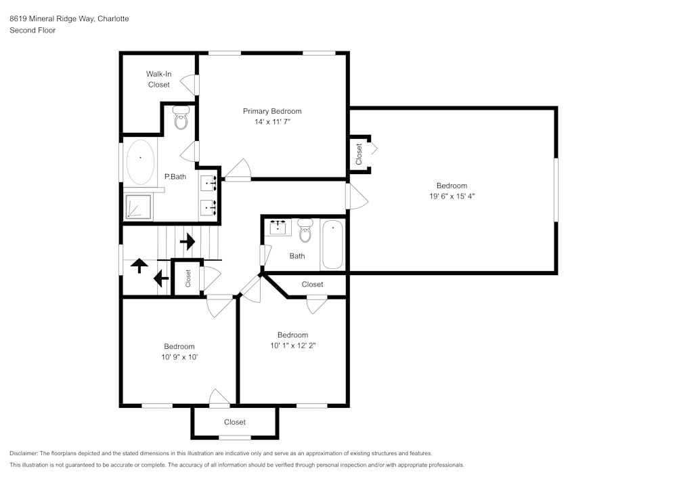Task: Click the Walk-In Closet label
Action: click(159, 79)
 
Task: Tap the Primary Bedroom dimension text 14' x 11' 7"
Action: click(272, 122)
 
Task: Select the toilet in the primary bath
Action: click(181, 118)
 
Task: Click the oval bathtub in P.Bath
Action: click(140, 162)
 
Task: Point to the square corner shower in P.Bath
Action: click(138, 207)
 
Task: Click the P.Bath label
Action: click(175, 177)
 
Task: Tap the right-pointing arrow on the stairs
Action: click(188, 241)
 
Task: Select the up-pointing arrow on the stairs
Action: click(139, 265)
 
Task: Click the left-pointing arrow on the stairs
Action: click(161, 278)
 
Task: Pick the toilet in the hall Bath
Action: click(305, 230)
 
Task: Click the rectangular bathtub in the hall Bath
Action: click(332, 245)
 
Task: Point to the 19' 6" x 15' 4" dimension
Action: click(452, 196)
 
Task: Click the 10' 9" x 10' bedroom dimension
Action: click(179, 357)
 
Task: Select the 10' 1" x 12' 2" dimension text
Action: click(292, 346)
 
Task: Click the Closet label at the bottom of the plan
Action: click(235, 422)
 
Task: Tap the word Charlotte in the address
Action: click(113, 18)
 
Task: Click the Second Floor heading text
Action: click(32, 30)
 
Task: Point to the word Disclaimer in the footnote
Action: click(23, 453)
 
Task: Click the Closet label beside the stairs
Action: click(188, 278)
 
